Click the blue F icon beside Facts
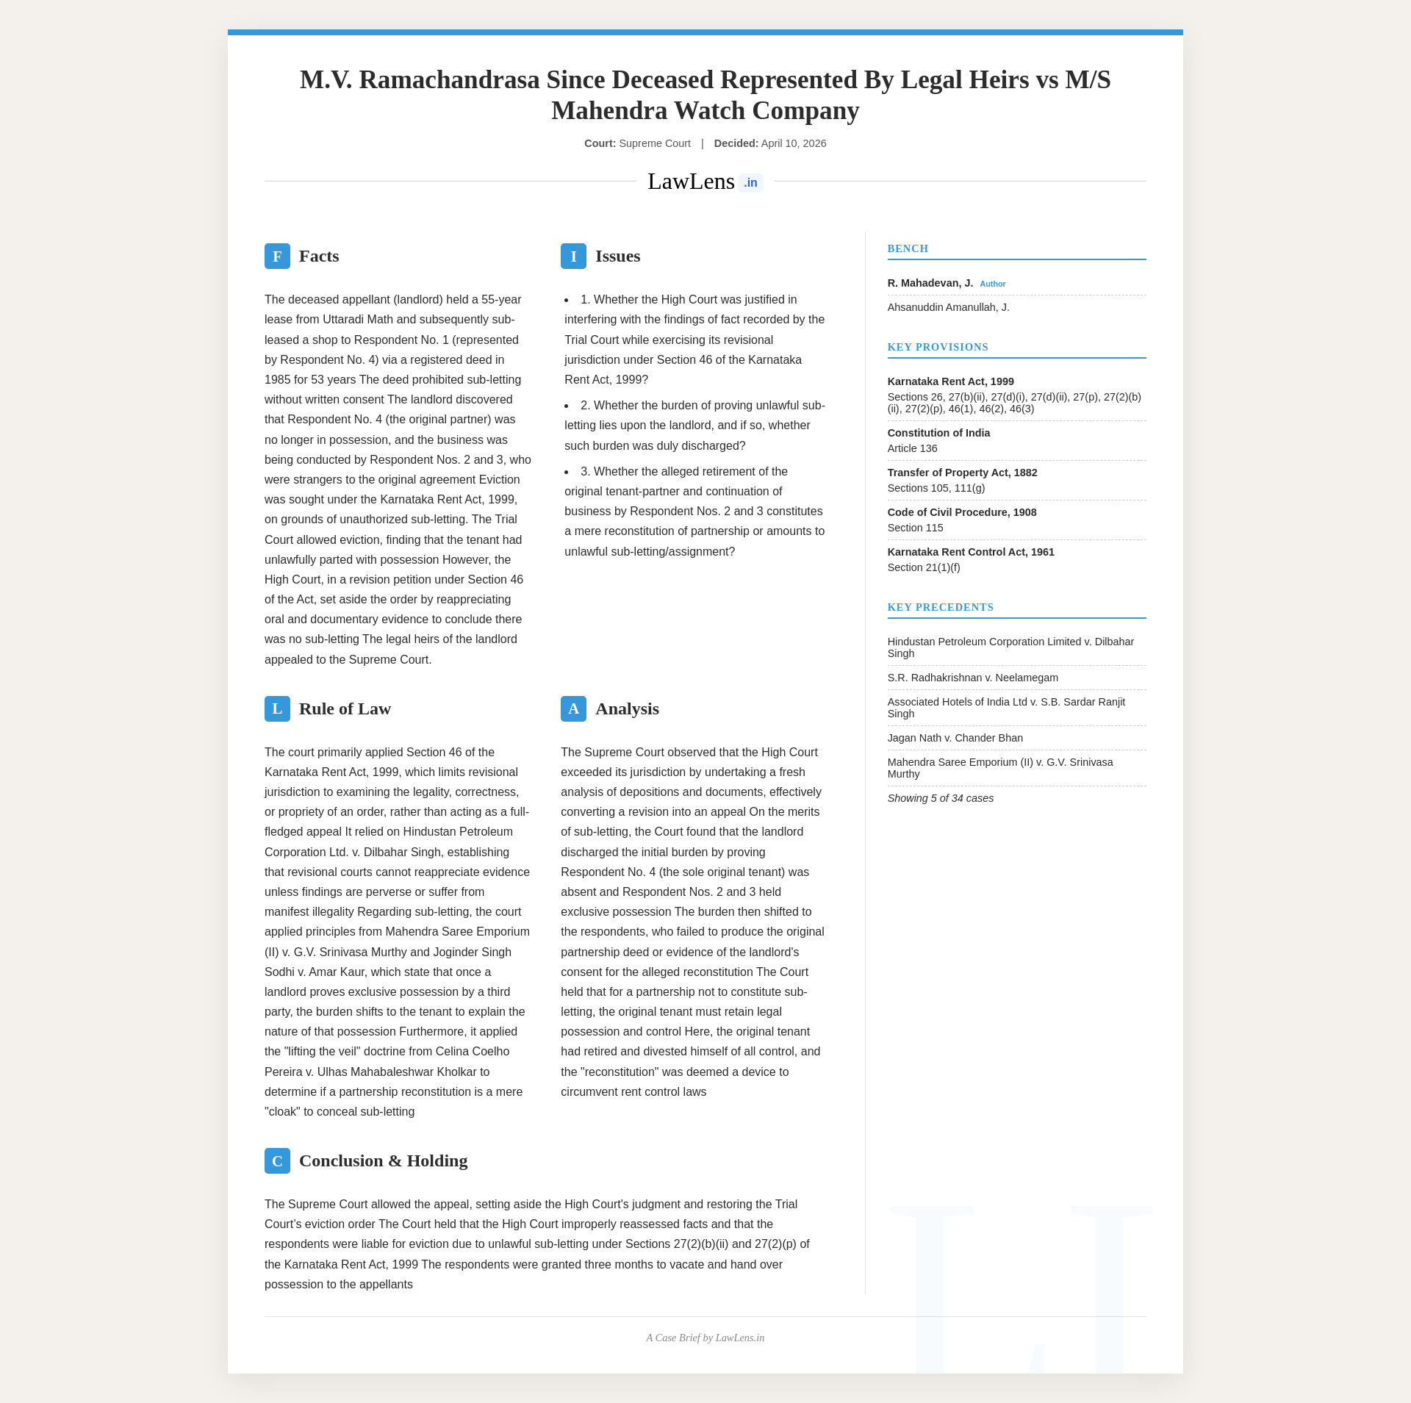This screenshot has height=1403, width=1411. (277, 256)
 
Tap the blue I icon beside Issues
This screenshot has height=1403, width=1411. (573, 256)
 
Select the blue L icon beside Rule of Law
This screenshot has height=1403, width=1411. (277, 709)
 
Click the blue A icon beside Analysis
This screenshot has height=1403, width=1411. (573, 709)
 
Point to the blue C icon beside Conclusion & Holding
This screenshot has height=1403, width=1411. (277, 1161)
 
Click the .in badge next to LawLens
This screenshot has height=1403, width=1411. (750, 183)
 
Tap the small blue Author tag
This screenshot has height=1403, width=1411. (992, 284)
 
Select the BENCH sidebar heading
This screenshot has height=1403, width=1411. (908, 249)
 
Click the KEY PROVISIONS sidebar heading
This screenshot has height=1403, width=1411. (938, 348)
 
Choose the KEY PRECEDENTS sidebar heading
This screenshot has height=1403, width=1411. (940, 608)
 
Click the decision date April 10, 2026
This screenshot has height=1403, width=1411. (793, 143)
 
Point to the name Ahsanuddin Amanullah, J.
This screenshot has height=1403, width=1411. (948, 307)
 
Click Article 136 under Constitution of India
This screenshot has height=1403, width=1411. (912, 448)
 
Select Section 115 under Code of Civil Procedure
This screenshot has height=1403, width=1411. (915, 528)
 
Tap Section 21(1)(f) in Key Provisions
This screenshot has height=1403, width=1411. (924, 567)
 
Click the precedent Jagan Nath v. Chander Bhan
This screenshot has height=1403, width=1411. (955, 738)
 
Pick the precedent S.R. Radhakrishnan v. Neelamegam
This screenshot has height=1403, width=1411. (972, 678)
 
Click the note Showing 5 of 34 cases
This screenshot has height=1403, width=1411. (940, 798)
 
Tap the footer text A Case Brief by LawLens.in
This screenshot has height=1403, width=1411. (705, 1338)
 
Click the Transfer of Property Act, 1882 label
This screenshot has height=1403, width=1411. (962, 473)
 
